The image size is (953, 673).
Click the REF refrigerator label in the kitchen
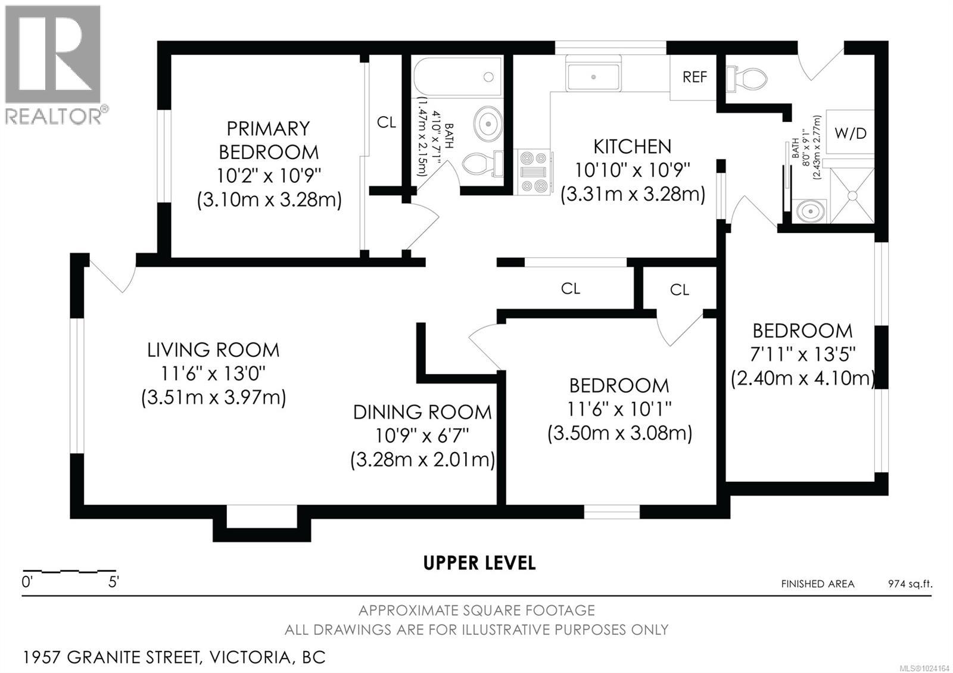(694, 77)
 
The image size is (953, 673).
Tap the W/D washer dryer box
(851, 133)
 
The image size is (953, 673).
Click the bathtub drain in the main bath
(488, 77)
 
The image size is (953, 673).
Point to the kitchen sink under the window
(593, 76)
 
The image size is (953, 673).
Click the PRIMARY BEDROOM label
(269, 140)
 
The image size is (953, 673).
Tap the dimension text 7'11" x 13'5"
(802, 354)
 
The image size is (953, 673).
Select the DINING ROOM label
(422, 412)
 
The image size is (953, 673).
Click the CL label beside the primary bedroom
(386, 123)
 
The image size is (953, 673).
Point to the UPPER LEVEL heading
(479, 563)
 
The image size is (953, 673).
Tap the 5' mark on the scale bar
(113, 582)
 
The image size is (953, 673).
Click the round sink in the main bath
(488, 123)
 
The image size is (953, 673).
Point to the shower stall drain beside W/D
(852, 195)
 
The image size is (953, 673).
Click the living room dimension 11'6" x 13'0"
(213, 374)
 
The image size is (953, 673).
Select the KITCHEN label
(632, 147)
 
